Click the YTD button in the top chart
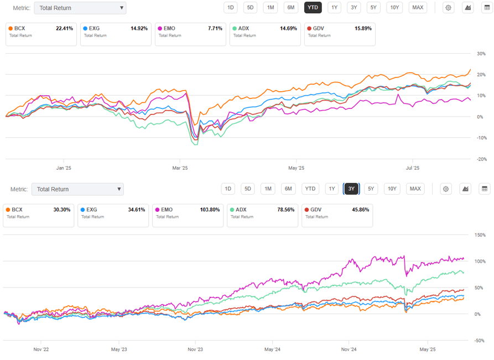click(x=313, y=7)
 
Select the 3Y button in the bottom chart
click(x=351, y=189)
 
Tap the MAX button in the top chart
click(x=418, y=7)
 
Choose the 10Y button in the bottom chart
click(x=392, y=189)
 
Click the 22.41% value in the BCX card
click(x=64, y=28)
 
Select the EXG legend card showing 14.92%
click(x=115, y=34)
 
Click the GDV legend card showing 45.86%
click(x=337, y=215)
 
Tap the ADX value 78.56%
click(x=286, y=210)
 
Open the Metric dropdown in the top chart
click(x=80, y=8)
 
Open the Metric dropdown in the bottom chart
click(x=77, y=189)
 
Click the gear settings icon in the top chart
click(x=448, y=7)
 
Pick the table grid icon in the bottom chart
click(x=485, y=189)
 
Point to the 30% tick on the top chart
click(x=481, y=54)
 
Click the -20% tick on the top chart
click(x=480, y=159)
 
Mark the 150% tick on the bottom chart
click(x=480, y=235)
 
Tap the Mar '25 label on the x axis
click(x=180, y=168)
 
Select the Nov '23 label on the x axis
click(x=195, y=349)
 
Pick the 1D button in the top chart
click(x=230, y=7)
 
